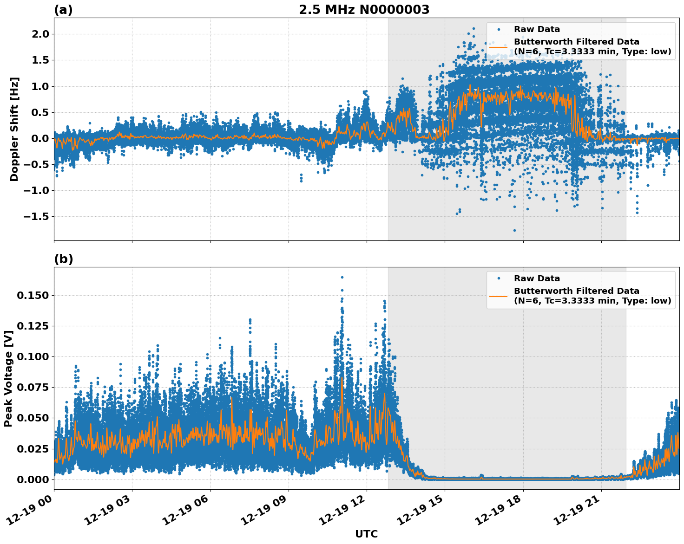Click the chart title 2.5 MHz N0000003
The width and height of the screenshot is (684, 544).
click(364, 10)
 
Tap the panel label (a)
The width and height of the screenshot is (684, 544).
click(63, 10)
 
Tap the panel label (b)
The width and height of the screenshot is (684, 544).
click(63, 259)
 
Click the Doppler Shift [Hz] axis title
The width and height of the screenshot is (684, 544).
click(14, 129)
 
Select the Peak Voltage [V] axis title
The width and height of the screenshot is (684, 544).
click(8, 378)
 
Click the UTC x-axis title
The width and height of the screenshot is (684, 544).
click(366, 534)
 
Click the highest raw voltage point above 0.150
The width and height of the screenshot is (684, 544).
click(342, 277)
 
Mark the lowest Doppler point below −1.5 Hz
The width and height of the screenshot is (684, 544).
click(514, 230)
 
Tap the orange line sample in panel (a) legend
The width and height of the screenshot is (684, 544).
click(499, 46)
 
